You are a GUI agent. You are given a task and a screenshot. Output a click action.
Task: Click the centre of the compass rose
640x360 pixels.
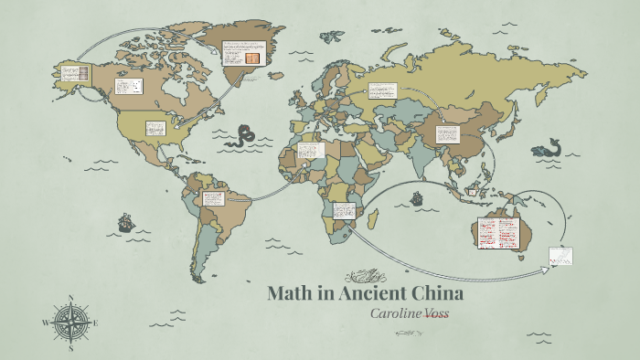(x=70, y=323)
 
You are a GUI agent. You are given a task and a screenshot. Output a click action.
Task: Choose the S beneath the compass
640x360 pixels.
(x=70, y=348)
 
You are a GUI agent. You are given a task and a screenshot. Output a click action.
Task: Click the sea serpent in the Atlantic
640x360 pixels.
(x=243, y=136)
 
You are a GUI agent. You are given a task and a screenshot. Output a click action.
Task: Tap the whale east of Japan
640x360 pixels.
(x=549, y=149)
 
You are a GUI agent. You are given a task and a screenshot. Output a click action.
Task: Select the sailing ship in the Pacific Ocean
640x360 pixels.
(x=125, y=222)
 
